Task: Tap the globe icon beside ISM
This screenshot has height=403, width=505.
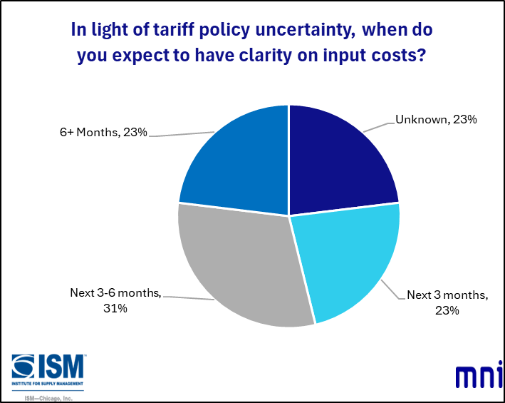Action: click(23, 367)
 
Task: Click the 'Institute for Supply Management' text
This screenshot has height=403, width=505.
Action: click(48, 384)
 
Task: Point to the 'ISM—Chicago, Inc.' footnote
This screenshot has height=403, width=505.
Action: click(48, 398)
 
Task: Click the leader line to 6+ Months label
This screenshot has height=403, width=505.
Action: click(182, 134)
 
